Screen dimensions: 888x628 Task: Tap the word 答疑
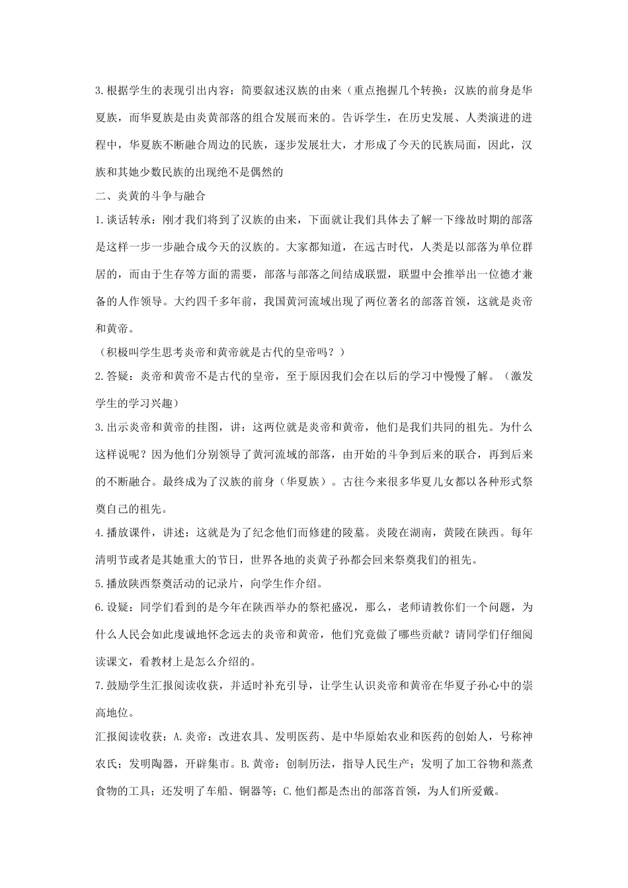(x=118, y=377)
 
